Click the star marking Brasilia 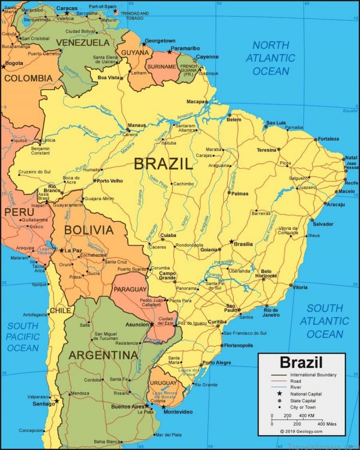(x=232, y=242)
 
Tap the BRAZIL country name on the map (x=163, y=164)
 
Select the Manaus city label (x=137, y=125)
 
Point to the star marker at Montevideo (x=163, y=407)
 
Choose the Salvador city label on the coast (x=323, y=224)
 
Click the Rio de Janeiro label (x=271, y=312)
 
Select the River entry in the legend (x=296, y=387)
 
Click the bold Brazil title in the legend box (x=301, y=362)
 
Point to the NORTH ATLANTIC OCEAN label (x=270, y=58)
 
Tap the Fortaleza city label (x=328, y=139)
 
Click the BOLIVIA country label (x=89, y=230)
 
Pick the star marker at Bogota (x=4, y=67)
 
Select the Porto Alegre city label (x=216, y=363)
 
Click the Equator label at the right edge (x=350, y=111)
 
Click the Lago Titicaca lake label (x=44, y=250)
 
